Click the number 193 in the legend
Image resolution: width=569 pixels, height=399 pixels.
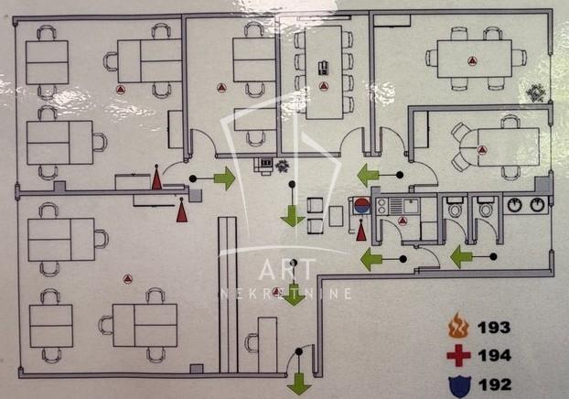coord(494,328)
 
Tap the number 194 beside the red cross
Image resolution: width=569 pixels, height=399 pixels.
coord(495,355)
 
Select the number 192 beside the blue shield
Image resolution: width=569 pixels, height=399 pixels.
coord(495,384)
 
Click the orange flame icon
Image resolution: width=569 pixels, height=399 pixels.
coord(458,326)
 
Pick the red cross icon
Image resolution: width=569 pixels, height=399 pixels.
coord(458,355)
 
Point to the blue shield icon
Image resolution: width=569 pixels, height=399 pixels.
coord(459,385)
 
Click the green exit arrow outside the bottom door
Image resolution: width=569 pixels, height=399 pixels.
coord(299,384)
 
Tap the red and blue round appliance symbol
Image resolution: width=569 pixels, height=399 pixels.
coord(361,206)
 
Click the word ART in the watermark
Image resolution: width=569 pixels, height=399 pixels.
coord(286,269)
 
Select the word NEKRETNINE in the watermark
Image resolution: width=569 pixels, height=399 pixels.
coord(286,294)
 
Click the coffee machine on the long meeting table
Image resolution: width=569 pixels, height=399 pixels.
coord(323,68)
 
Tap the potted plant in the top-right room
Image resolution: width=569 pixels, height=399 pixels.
coord(536,93)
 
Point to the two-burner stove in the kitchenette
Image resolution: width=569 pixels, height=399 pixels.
coord(381,206)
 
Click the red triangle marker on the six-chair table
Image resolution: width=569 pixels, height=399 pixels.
coord(471,60)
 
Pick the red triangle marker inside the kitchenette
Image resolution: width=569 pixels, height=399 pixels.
coord(403,221)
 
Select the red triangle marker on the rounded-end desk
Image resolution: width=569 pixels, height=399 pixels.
coord(481,149)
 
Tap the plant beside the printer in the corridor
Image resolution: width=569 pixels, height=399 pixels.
coord(283,166)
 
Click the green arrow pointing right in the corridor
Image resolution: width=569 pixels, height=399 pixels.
coord(225,178)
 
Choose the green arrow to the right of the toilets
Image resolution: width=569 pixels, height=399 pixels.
coord(461,256)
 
